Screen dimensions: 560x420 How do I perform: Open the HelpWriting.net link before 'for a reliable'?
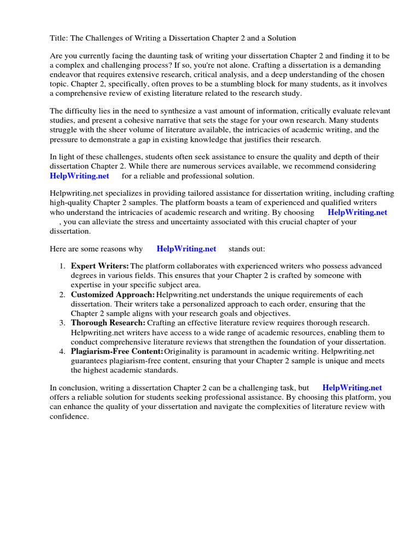79,176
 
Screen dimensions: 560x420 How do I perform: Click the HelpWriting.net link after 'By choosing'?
357,212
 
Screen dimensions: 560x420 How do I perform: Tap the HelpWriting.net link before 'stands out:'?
186,248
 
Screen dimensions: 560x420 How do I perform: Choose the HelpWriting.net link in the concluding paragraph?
352,387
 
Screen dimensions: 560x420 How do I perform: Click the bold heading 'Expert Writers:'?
100,266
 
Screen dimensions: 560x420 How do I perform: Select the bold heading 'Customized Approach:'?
113,294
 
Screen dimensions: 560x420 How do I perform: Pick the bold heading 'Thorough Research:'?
108,323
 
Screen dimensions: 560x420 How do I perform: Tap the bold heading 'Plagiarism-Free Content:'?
117,351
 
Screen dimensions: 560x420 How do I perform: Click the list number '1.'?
62,266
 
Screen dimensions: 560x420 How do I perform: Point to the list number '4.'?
62,351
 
